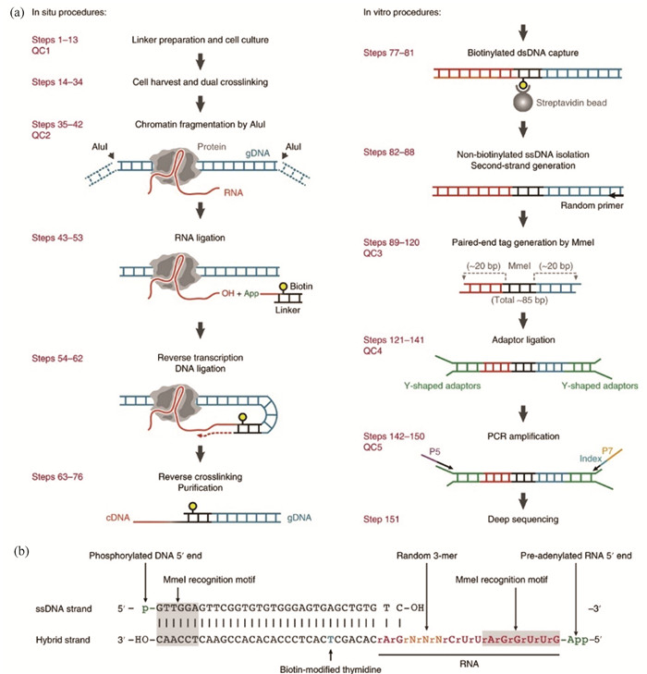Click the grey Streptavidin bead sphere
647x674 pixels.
coord(523,102)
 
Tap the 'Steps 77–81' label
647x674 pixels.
coord(388,53)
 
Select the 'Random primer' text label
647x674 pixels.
coord(592,205)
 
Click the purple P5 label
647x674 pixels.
coord(434,452)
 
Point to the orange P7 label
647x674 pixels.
coord(607,450)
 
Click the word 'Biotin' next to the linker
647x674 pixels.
coord(301,287)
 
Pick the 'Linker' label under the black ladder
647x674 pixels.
coord(287,310)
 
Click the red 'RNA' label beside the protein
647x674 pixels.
coord(233,192)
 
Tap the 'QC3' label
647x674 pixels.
coord(372,253)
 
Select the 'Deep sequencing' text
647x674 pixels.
coord(523,520)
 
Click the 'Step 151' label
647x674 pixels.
coord(381,520)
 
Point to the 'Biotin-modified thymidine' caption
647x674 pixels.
coord(330,669)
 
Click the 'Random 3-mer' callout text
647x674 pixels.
coord(427,556)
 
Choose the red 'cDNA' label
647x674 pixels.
coord(117,518)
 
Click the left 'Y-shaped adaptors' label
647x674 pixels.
coord(442,386)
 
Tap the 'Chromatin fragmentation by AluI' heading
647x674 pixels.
coord(201,125)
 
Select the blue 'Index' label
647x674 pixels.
coord(591,459)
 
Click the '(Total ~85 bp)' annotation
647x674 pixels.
coord(519,300)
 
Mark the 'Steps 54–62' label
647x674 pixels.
coord(57,359)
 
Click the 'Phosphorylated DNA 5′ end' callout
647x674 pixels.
coord(145,556)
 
